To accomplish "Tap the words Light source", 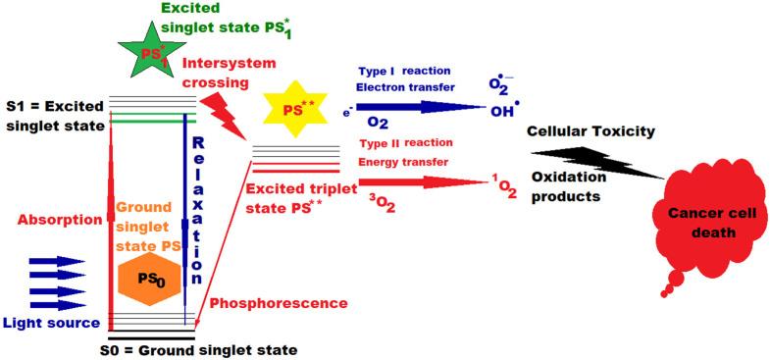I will pos(51,323).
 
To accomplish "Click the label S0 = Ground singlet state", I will pos(199,347).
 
